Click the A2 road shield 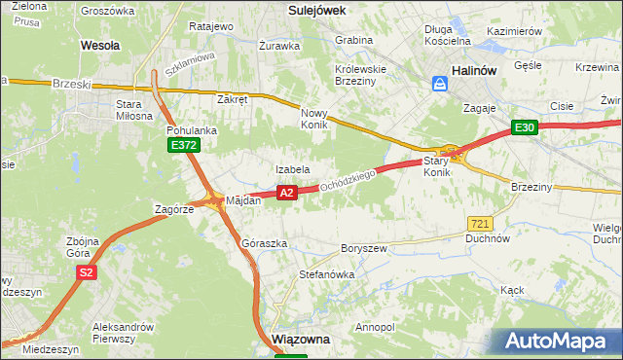286,194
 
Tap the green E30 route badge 526,127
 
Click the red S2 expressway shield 87,273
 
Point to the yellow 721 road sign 478,223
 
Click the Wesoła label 100,45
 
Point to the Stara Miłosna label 135,109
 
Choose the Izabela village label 292,169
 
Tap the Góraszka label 264,243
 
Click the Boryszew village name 363,249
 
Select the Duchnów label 488,237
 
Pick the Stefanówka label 326,274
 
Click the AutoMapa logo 560,341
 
